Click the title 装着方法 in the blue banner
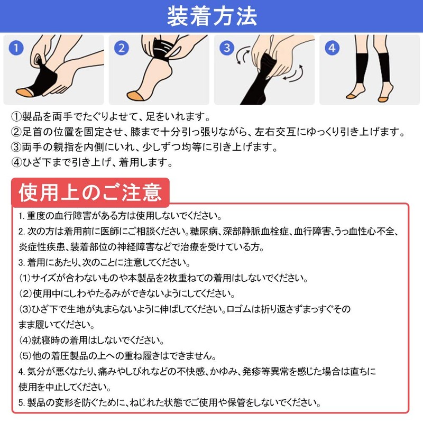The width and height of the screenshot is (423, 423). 212,16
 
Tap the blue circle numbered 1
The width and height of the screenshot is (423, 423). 16,48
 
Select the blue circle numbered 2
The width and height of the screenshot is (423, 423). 122,48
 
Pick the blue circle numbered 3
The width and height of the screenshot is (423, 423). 227,48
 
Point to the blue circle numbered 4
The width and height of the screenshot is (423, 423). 332,48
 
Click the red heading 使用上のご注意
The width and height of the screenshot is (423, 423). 90,192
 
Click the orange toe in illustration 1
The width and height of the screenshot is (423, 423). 25,92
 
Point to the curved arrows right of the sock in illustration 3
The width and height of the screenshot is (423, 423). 293,73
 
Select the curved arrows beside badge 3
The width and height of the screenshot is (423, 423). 243,56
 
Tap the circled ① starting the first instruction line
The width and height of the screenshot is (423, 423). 16,116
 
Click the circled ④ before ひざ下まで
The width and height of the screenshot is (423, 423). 16,162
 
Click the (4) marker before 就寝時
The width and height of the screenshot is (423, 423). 25,340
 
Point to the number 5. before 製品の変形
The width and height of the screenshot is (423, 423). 22,403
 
